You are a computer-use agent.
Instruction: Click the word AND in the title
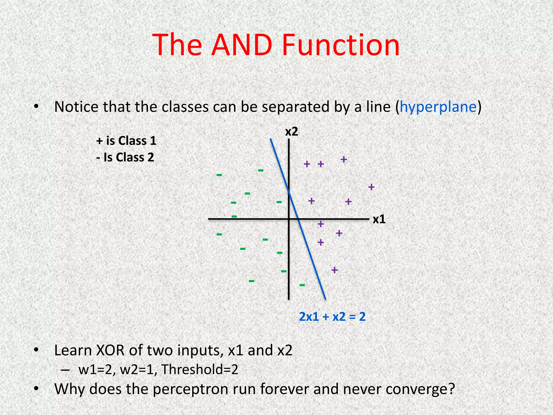coord(242,45)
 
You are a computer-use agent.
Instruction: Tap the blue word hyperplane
coord(438,107)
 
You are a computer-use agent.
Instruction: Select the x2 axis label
coord(292,132)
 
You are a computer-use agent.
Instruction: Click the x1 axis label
coord(379,219)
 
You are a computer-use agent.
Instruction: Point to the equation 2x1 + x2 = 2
coord(332,317)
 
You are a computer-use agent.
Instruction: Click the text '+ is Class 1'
coord(126,141)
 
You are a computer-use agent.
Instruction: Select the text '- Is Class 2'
coord(125,157)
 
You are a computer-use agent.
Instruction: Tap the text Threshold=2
coord(200,369)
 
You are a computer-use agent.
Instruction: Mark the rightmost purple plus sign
coord(371,187)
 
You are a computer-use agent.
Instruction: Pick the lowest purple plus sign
coord(335,270)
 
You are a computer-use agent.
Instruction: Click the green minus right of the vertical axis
coord(302,285)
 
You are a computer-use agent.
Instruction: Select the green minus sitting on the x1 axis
coord(234,216)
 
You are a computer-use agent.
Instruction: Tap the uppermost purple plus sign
coord(343,159)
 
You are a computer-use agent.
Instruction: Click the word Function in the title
coord(340,45)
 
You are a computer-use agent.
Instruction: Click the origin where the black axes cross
coord(289,219)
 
